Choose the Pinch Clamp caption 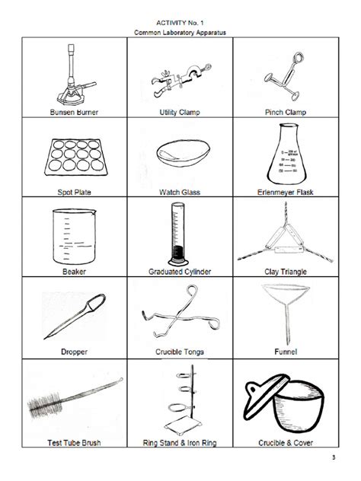click(283, 111)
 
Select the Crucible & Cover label click(284, 441)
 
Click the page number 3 click(333, 457)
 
